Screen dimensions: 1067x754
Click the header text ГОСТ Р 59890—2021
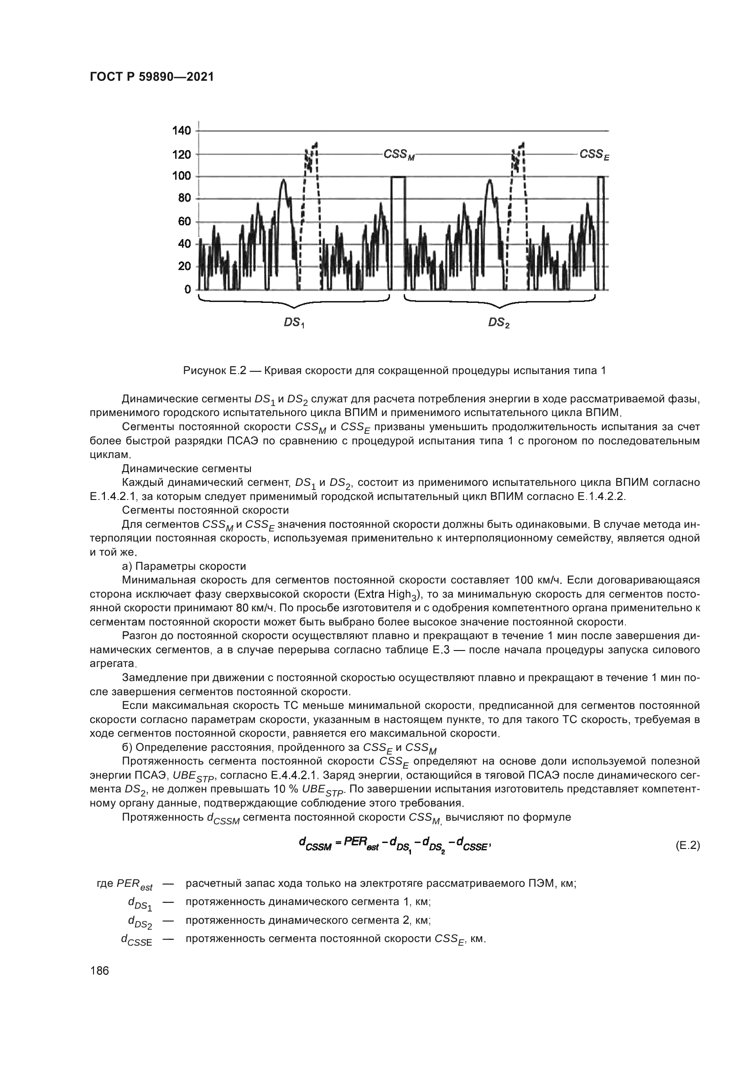151,77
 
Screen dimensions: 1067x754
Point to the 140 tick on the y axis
182,130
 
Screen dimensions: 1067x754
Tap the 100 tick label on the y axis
182,176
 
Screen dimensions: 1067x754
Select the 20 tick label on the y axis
184,266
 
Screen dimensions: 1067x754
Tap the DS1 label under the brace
294,323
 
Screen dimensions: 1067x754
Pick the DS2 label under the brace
499,323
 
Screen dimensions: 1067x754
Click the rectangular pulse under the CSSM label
398,232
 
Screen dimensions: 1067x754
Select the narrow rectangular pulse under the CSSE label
601,232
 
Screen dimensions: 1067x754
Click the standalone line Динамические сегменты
187,468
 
